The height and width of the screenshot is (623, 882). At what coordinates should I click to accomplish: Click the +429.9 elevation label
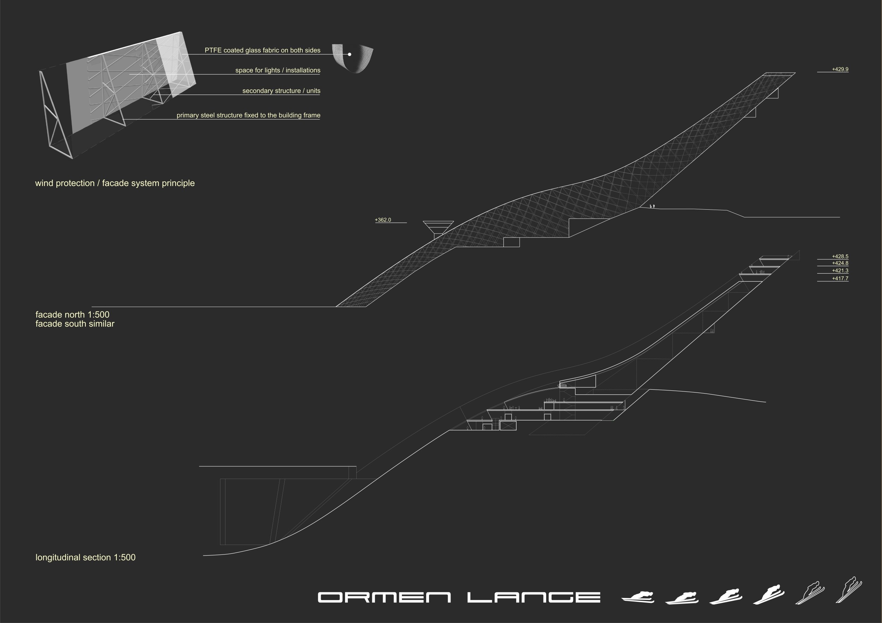coord(840,69)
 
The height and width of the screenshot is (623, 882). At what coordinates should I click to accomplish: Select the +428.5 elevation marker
coord(840,256)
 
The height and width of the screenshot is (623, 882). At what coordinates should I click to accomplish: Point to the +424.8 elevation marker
coord(840,263)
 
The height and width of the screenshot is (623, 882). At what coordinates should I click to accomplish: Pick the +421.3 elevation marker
coord(840,271)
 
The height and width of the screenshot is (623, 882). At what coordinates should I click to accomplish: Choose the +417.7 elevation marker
coord(840,278)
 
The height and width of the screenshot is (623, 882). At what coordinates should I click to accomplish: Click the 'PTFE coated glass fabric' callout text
coord(262,50)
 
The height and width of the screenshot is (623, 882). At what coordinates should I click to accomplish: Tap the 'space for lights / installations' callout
coord(278,70)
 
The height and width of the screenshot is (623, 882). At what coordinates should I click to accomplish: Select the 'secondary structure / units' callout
coord(281,91)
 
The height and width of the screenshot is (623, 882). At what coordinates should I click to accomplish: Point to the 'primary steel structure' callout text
coord(248,115)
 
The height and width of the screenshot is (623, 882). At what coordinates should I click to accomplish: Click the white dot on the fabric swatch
coord(350,55)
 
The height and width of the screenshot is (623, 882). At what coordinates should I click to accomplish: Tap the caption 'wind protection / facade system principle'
coord(115,183)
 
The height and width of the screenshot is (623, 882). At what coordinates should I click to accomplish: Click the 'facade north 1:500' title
coord(72,315)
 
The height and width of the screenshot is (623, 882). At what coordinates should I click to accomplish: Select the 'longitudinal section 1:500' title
coord(85,557)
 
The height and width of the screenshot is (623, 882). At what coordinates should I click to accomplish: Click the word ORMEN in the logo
coord(384,597)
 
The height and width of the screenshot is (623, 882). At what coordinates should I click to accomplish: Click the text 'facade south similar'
coord(75,324)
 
